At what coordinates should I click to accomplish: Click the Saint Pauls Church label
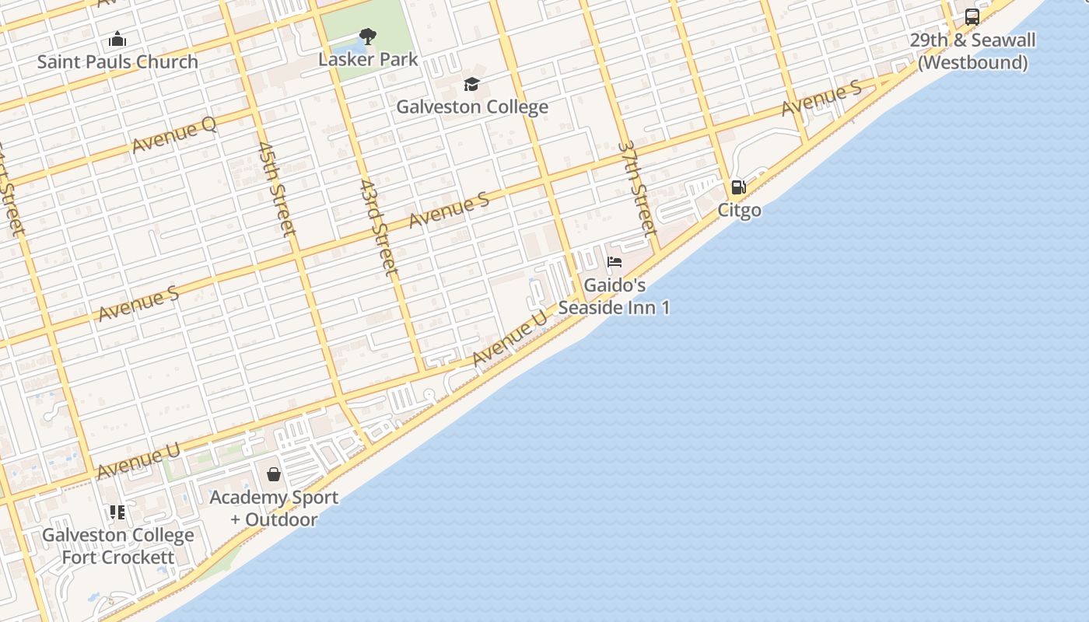coord(117,61)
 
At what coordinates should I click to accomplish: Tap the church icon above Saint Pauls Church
coord(117,38)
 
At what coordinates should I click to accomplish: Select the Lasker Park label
coord(368,59)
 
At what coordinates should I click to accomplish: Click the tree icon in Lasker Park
coord(368,36)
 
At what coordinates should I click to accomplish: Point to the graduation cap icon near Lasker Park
coord(471,84)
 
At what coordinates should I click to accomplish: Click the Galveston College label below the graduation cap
coord(472,107)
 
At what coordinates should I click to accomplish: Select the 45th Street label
coord(277,189)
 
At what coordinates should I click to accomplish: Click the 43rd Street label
coord(379,228)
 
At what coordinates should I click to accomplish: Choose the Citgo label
coord(739,210)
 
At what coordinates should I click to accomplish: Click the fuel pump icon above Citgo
coord(738,187)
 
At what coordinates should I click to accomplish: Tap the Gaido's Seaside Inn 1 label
coord(615,296)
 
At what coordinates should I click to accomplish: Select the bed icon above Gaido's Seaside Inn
coord(615,262)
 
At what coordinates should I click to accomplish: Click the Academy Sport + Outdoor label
coord(274,508)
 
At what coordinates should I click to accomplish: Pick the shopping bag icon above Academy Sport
coord(274,474)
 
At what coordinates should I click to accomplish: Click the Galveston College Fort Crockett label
coord(118,546)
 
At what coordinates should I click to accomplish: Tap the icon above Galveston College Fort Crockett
coord(117,512)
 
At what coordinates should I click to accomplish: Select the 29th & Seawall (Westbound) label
coord(972,51)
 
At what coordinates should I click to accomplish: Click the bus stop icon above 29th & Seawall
coord(972,17)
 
